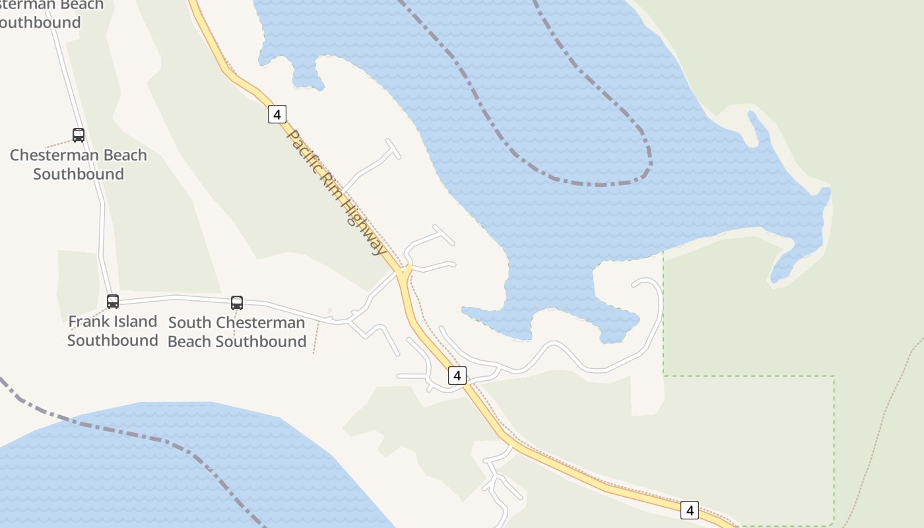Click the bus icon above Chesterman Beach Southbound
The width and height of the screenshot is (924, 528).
[79, 135]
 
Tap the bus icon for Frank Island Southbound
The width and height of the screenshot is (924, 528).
[113, 302]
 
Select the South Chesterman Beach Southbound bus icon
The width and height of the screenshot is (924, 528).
[237, 303]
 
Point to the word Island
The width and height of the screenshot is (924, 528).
[136, 321]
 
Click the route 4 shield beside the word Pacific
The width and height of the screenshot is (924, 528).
[277, 114]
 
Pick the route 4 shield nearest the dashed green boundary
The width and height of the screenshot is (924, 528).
[690, 510]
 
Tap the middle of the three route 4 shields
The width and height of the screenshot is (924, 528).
[457, 376]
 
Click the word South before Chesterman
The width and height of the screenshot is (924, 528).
[189, 323]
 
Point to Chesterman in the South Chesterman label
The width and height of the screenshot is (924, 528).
[261, 323]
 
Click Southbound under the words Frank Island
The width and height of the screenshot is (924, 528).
[113, 341]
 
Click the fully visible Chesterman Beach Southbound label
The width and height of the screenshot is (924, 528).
[79, 164]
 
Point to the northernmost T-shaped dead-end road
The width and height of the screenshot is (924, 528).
[393, 149]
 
